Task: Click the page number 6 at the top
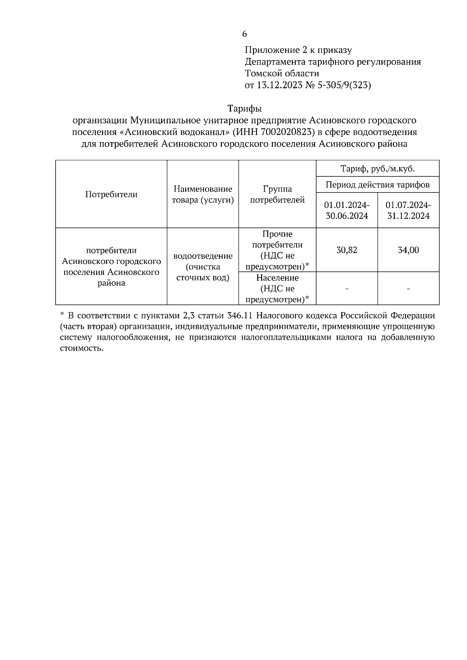244,34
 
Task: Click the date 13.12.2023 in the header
279,85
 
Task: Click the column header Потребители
111,194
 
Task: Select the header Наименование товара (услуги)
203,194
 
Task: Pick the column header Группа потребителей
277,194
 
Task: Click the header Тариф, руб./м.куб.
377,169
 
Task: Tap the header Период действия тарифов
377,185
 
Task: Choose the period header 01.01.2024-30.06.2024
347,210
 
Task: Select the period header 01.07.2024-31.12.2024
408,210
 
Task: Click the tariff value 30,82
347,250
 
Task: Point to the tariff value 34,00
408,250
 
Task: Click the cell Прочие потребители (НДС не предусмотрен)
277,250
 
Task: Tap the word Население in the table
277,278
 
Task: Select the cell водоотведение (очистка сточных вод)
203,267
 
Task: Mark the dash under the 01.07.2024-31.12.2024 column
408,289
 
